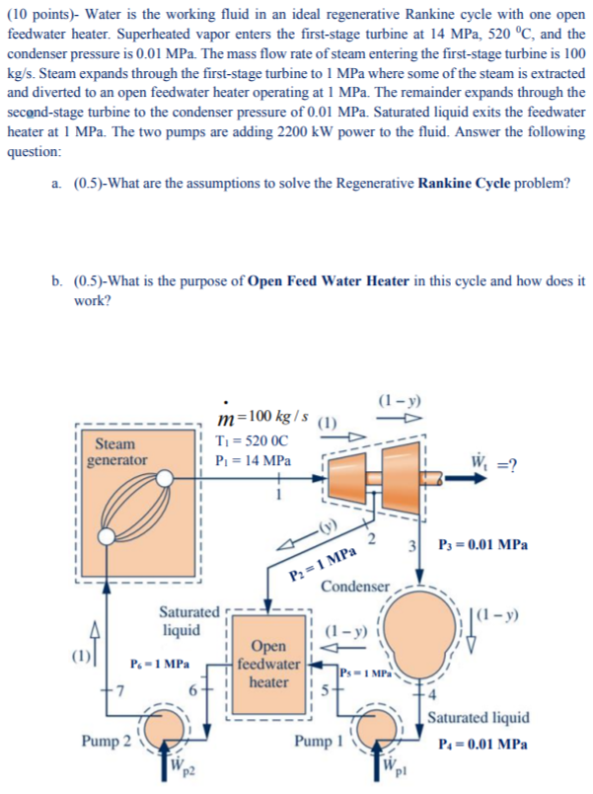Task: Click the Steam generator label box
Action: (116, 452)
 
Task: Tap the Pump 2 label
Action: (109, 739)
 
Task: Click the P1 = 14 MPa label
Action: (255, 461)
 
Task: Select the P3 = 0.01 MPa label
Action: (484, 544)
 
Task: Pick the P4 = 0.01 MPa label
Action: (481, 744)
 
